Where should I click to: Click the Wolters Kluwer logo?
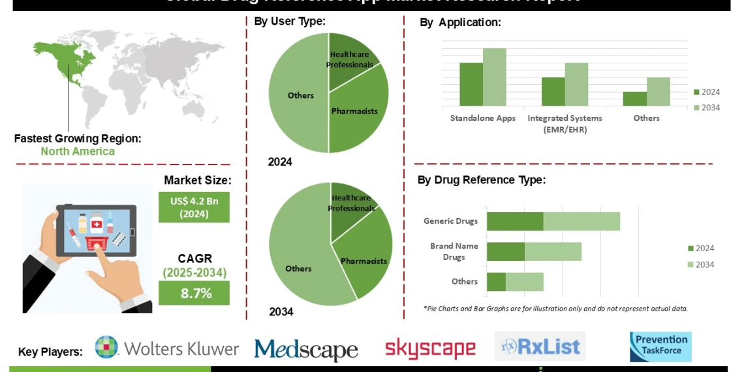coord(167,348)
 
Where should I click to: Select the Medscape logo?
coord(306,349)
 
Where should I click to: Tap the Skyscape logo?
coord(430,349)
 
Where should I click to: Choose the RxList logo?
coord(540,347)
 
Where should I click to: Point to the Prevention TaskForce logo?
coord(660,347)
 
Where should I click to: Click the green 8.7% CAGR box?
coord(194,293)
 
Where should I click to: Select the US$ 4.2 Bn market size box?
coord(194,207)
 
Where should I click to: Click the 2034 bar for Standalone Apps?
coord(495,77)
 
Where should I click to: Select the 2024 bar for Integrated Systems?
coord(553,91)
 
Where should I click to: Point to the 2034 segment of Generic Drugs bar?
coord(581,221)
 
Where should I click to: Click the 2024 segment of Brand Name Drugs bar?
coord(505,252)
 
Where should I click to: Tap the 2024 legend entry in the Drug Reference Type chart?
coord(701,248)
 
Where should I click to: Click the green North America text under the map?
coord(78,151)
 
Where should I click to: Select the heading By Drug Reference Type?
coord(482,180)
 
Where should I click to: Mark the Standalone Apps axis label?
coord(483,118)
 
